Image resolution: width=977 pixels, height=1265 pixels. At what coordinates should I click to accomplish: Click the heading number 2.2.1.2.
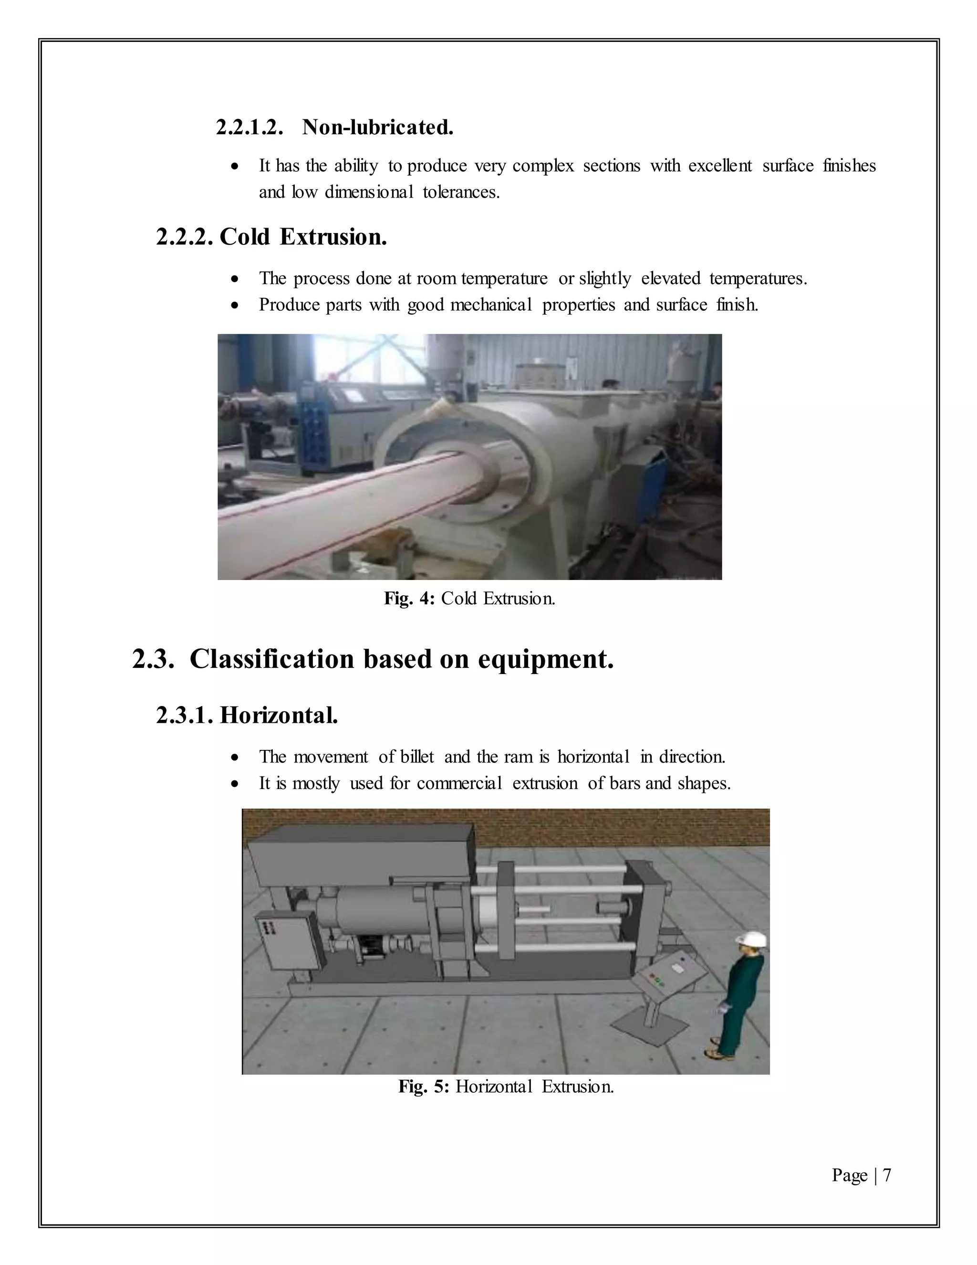pyautogui.click(x=249, y=127)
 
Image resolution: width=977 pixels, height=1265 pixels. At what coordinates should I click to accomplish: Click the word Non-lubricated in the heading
pyautogui.click(x=377, y=127)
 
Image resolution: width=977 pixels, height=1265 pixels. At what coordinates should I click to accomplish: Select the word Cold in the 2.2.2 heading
pyautogui.click(x=245, y=237)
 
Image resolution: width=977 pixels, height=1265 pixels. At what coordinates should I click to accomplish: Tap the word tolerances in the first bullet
pyautogui.click(x=461, y=192)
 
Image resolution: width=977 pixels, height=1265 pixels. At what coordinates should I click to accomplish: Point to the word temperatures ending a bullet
pyautogui.click(x=758, y=279)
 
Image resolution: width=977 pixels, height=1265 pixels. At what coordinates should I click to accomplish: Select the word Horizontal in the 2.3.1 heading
pyautogui.click(x=279, y=716)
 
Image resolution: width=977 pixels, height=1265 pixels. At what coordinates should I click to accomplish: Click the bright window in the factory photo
pyautogui.click(x=370, y=362)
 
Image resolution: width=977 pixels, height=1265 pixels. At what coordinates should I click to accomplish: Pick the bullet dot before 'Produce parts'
pyautogui.click(x=234, y=305)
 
